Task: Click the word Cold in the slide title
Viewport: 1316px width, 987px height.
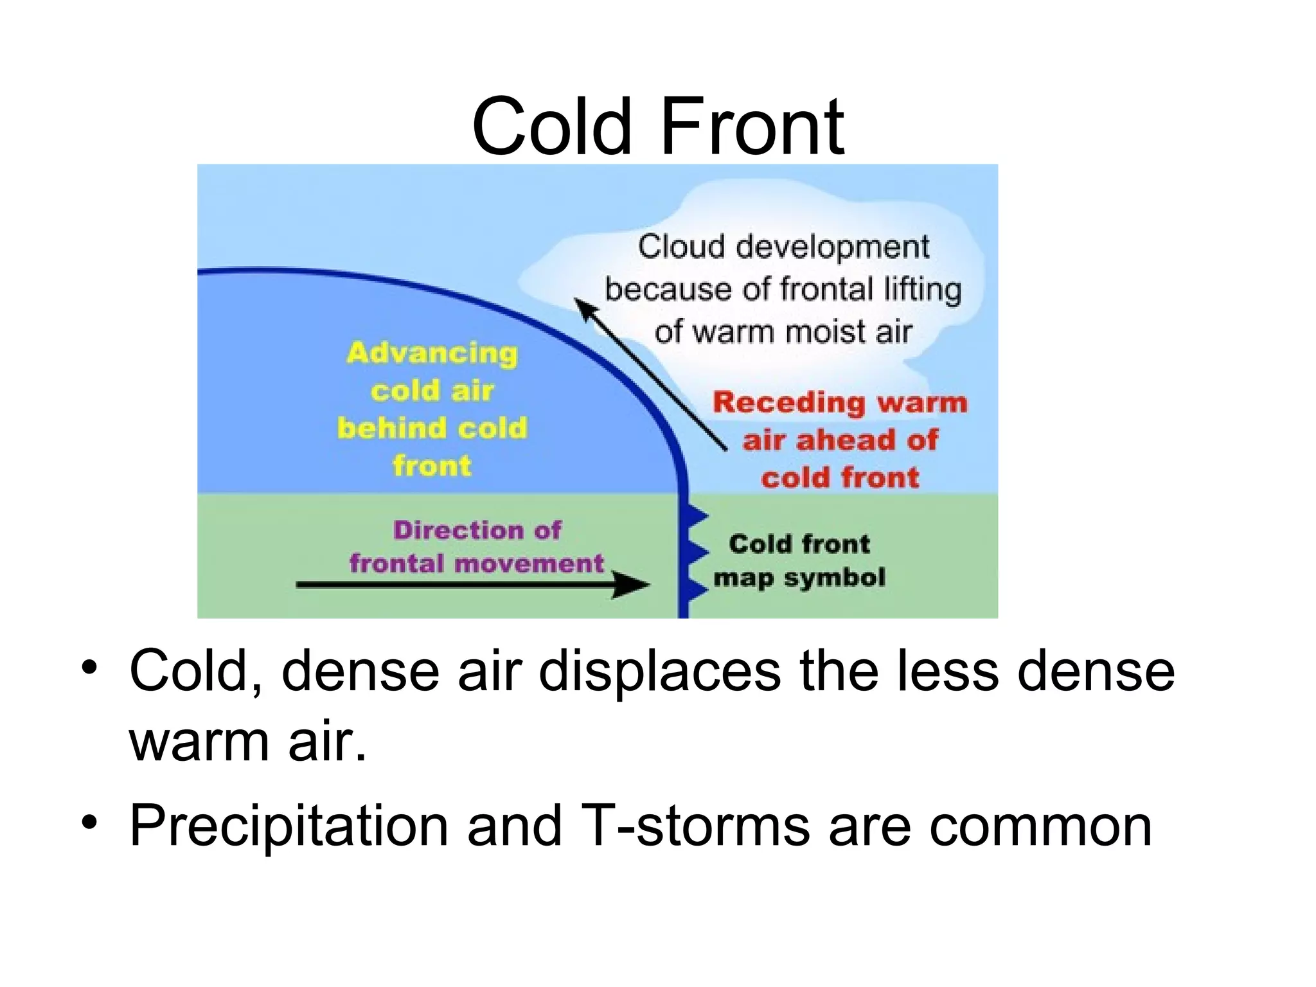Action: tap(551, 127)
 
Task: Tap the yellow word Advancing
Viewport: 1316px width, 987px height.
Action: tap(432, 353)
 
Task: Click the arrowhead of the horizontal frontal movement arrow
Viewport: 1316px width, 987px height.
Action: tap(633, 584)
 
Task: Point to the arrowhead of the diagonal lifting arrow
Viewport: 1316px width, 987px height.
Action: tap(583, 307)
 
